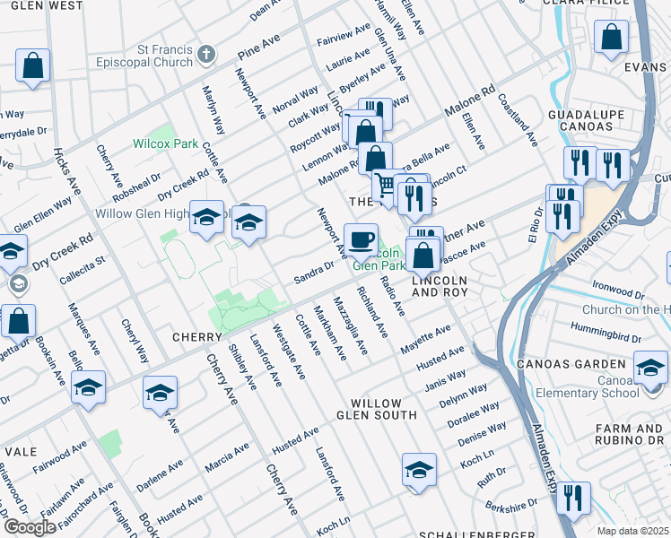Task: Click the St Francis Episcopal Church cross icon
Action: point(205,55)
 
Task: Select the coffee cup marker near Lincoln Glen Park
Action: point(361,240)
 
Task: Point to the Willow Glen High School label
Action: point(144,214)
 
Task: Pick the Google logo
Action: point(30,526)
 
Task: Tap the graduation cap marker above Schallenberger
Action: point(418,471)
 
